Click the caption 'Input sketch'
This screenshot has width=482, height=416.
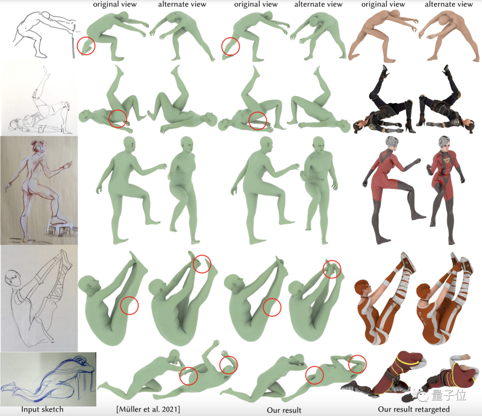pyautogui.click(x=42, y=409)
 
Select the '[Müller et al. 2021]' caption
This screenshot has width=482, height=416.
pyautogui.click(x=149, y=409)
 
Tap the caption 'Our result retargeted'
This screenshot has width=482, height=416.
pyautogui.click(x=414, y=409)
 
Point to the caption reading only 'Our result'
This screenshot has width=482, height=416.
pyautogui.click(x=284, y=410)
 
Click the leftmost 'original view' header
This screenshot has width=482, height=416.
pyautogui.click(x=115, y=4)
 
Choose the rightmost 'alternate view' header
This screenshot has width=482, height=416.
pyautogui.click(x=449, y=4)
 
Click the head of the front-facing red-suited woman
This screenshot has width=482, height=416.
pyautogui.click(x=445, y=145)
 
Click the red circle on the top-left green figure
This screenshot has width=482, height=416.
pyautogui.click(x=86, y=46)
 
